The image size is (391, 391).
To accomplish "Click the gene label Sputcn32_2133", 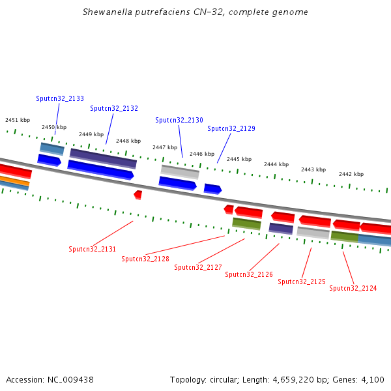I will [60, 98].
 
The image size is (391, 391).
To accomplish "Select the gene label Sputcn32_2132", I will [114, 108].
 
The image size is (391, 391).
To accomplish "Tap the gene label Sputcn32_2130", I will [179, 120].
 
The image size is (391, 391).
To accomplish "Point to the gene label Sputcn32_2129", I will [231, 128].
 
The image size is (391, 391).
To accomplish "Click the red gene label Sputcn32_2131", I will [93, 249].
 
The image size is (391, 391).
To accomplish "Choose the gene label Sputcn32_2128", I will [145, 259].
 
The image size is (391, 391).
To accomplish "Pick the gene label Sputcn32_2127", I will [198, 267].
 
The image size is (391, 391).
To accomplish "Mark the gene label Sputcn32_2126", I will [249, 274].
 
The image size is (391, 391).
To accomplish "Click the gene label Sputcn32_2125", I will [302, 282].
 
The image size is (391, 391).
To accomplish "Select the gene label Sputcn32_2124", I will [353, 288].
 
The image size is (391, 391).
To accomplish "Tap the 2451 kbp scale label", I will [18, 120].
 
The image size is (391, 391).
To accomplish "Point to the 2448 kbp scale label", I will [128, 141].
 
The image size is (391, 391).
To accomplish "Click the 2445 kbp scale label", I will [239, 159].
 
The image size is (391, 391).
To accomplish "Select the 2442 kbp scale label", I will [351, 174].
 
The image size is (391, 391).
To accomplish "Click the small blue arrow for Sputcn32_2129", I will [212, 189].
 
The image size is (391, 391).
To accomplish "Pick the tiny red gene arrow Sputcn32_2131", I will [138, 194].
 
